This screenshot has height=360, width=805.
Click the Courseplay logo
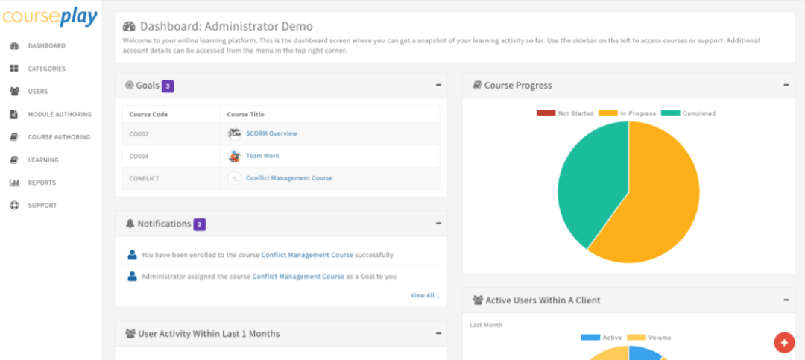coord(49,16)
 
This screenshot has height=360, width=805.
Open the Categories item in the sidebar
coord(46,69)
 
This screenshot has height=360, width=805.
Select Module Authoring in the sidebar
coord(60,114)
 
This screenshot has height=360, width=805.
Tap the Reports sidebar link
coord(42,183)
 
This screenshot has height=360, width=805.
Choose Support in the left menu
coord(42,205)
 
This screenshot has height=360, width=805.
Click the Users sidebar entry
coord(38,92)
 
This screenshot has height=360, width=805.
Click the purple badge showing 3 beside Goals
coord(168,86)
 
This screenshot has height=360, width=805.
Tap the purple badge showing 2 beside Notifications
coord(199,224)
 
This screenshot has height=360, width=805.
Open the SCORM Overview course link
coord(271,133)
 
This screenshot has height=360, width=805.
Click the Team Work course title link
coord(262,156)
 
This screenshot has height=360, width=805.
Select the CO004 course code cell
coord(140,156)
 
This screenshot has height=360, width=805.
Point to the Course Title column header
coord(245,115)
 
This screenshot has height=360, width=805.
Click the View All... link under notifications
coord(425,295)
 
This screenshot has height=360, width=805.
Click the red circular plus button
coord(783,342)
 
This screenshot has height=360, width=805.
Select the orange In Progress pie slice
coord(656,201)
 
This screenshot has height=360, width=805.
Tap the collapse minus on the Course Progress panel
coord(786,85)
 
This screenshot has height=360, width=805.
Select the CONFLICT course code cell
coord(144,178)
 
